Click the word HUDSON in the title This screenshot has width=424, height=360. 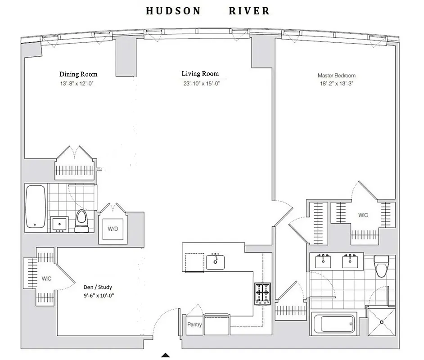point(173,11)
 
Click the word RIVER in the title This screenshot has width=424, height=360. point(249,11)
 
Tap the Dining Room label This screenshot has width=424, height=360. point(78,74)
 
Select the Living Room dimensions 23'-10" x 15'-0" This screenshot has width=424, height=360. point(200,83)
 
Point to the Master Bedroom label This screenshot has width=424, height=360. point(336,76)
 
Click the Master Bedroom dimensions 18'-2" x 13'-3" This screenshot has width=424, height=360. point(336,84)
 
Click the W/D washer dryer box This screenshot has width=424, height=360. point(113,229)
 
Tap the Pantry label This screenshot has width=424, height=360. point(194,324)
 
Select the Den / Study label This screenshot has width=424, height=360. point(98,287)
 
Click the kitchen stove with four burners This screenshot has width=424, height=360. point(262,294)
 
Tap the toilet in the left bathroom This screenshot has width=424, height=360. point(81,221)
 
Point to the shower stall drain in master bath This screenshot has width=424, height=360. point(382,322)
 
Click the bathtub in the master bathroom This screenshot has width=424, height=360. point(334,324)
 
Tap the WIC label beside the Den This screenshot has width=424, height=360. point(46,279)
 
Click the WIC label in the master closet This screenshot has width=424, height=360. point(363,215)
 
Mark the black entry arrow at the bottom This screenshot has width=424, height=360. point(166,355)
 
